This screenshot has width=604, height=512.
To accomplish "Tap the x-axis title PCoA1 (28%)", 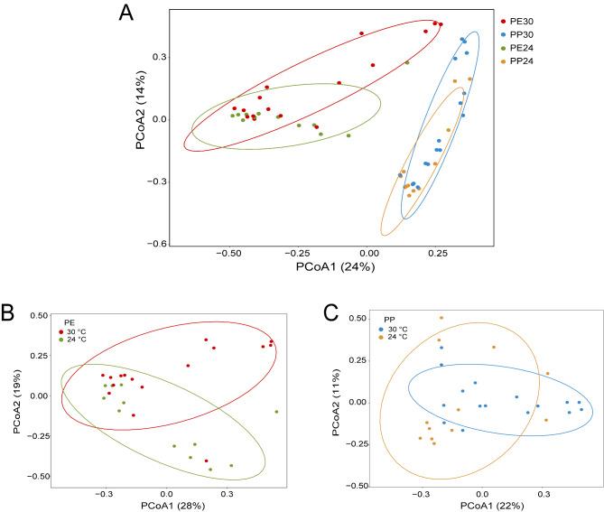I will tap(166, 504).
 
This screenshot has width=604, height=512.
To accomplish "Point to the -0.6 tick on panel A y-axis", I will tap(155, 244).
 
